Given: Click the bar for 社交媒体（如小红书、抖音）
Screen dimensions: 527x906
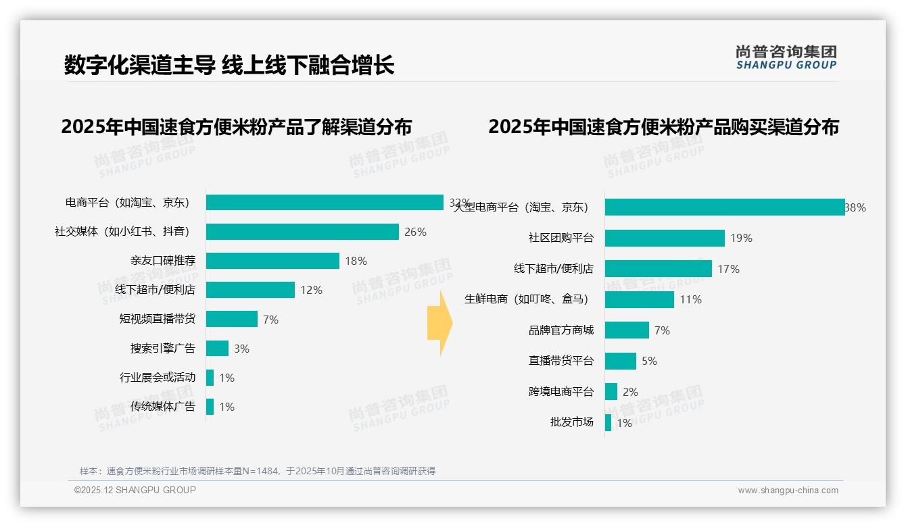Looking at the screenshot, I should [x=302, y=232].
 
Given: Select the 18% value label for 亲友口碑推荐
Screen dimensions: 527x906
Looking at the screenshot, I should [x=356, y=261].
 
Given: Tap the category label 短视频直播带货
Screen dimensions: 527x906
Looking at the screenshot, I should [x=157, y=319].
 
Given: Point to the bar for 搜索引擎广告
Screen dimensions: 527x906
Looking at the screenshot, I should [x=217, y=348].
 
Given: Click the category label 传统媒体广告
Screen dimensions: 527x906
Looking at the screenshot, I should [x=162, y=406].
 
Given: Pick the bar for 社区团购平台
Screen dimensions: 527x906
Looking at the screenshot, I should [x=665, y=238].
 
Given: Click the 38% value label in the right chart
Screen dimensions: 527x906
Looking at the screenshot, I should [x=855, y=207].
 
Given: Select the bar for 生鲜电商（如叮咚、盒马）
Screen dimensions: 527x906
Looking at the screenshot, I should [x=639, y=299].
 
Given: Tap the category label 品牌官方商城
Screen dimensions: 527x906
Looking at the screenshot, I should [x=561, y=330].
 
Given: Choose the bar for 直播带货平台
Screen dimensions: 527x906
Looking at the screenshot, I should [x=620, y=361].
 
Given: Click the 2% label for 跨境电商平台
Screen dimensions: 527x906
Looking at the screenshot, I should [x=630, y=392].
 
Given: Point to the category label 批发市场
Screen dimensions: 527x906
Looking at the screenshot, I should [x=571, y=422].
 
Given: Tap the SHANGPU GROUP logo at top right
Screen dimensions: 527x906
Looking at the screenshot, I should [x=786, y=57].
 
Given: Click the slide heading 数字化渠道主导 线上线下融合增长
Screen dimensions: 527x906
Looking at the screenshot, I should [x=229, y=65].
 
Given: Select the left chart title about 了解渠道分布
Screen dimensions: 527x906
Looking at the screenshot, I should [x=236, y=126].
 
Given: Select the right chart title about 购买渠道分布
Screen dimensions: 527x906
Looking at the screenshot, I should [x=663, y=126].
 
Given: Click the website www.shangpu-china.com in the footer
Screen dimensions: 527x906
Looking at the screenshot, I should [x=788, y=491].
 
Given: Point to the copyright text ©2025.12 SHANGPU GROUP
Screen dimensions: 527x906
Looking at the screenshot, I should [x=135, y=490].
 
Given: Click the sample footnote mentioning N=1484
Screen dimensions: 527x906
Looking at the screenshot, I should [x=258, y=471].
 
